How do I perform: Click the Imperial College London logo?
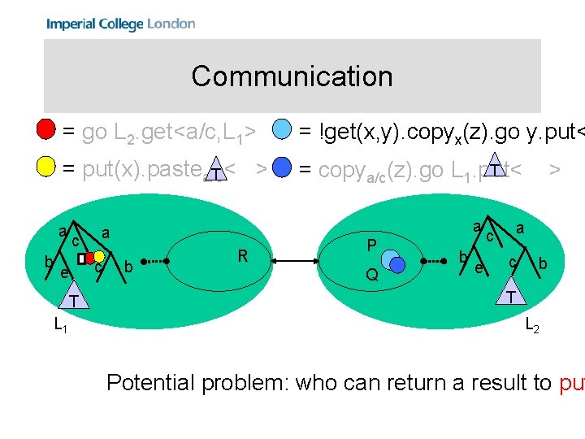[x=121, y=24]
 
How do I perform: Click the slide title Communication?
[x=292, y=76]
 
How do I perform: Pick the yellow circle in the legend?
[x=47, y=168]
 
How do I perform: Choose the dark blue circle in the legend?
[x=281, y=168]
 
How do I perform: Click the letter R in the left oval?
[x=242, y=256]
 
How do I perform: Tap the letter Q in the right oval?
[x=371, y=275]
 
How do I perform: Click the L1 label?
[x=60, y=326]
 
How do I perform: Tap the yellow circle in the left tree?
[x=99, y=257]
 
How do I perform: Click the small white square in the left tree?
[x=82, y=258]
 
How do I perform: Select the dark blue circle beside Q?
[x=396, y=266]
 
